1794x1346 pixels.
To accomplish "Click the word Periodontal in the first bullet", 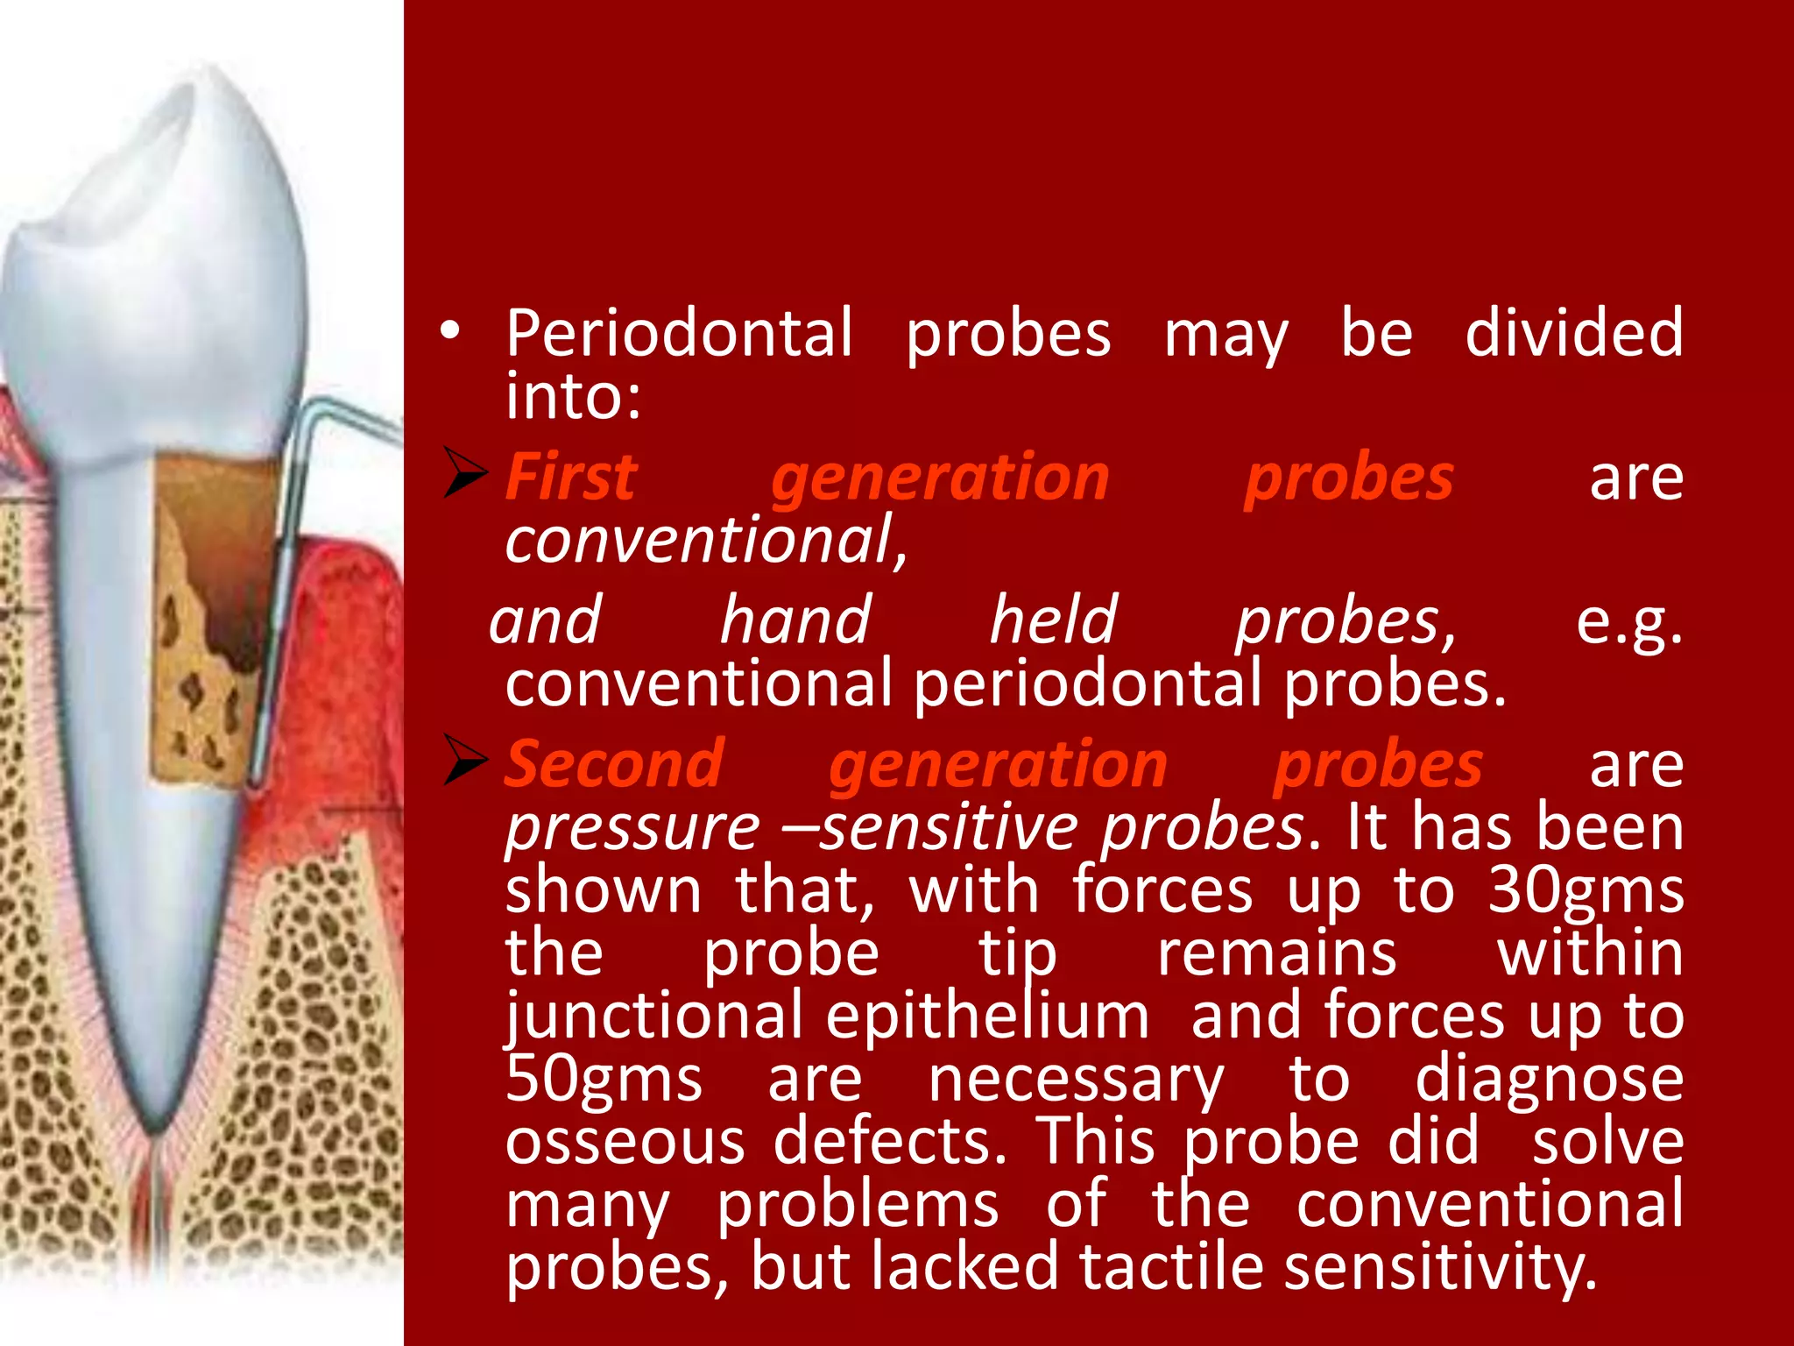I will coord(679,334).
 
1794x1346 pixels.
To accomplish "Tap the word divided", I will coord(1574,334).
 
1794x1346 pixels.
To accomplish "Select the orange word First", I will coord(571,478).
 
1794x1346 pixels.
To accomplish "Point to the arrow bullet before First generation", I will coord(464,473).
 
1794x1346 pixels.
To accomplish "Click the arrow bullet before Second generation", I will coord(464,760).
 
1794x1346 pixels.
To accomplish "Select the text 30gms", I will coord(1586,891).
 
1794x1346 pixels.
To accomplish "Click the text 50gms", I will coord(604,1080).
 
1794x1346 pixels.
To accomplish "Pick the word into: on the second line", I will coord(574,397).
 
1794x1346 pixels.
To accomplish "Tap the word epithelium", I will coord(987,1017).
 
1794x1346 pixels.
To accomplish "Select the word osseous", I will coord(625,1142).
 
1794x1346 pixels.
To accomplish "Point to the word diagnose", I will coord(1549,1080).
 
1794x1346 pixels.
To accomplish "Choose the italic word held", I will coord(1054,620).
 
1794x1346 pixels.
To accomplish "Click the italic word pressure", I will coord(632,827).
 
